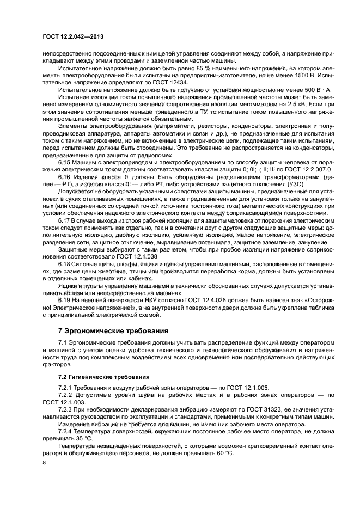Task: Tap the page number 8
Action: (44, 462)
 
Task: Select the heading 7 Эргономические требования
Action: (114, 330)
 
